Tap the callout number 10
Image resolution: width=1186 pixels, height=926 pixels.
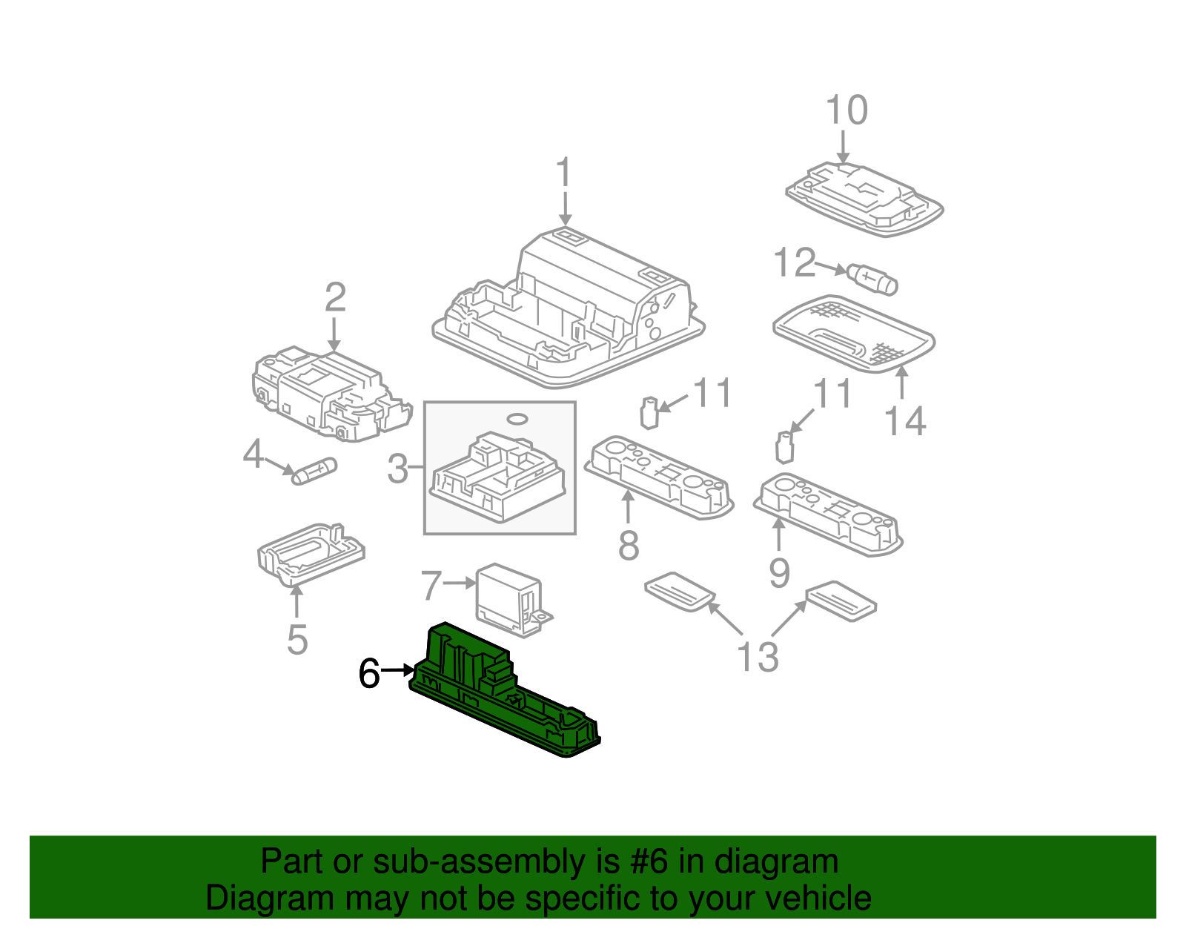point(846,111)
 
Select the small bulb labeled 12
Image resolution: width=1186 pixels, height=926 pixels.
point(874,279)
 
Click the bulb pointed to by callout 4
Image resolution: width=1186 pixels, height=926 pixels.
point(314,471)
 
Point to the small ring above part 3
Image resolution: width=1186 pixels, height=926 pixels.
point(518,420)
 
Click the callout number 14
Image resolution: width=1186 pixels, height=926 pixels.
point(905,421)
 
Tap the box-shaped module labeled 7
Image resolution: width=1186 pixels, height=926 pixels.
point(509,597)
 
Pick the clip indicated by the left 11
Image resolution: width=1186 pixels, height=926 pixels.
point(649,413)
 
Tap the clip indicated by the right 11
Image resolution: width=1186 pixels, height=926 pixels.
point(784,447)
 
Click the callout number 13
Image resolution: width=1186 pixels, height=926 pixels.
point(758,657)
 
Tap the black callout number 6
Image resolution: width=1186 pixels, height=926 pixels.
point(369,673)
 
